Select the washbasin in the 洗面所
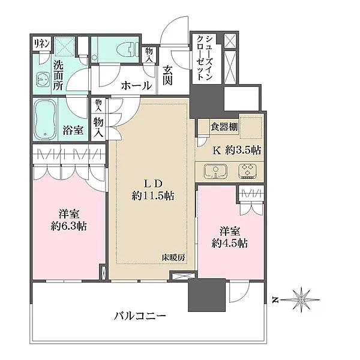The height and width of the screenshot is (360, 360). (x=41, y=79)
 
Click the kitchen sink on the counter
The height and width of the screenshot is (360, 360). (x=216, y=173)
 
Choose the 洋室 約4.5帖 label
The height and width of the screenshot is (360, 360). (x=230, y=238)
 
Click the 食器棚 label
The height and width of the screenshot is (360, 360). (x=223, y=127)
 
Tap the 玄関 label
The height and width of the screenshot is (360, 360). (x=168, y=74)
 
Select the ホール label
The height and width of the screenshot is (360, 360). (x=136, y=86)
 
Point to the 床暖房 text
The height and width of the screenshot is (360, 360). (x=172, y=257)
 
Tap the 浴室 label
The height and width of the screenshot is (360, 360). (x=74, y=130)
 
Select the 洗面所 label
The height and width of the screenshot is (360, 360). (x=58, y=75)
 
